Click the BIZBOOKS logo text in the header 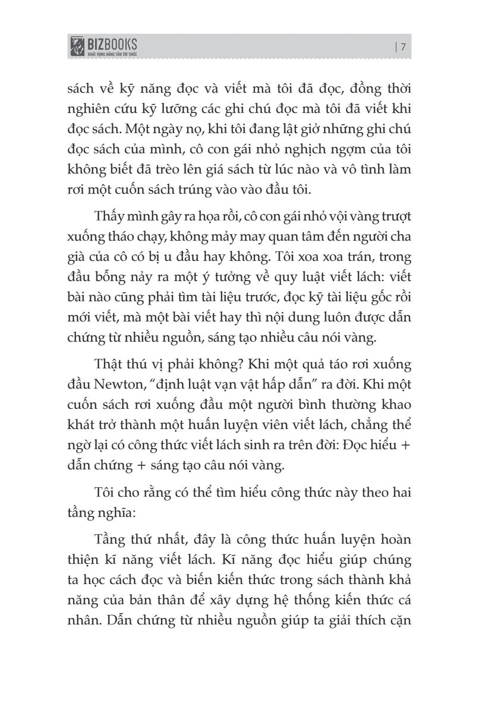click(112, 43)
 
